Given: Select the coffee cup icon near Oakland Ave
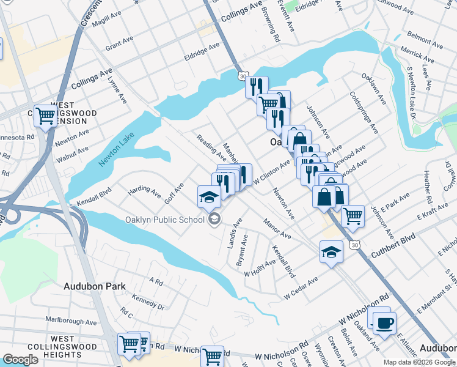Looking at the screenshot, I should pos(384,322).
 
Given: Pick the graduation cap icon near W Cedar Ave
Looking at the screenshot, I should pos(331,251).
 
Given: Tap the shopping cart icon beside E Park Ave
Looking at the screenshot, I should pos(353,215).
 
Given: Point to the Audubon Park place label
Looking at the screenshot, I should pos(94,286).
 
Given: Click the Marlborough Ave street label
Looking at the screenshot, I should pos(71,322).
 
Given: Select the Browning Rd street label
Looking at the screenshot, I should pos(270,28).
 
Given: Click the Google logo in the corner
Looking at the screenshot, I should pos(20,360).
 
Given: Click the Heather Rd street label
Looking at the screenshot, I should pos(427,187).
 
